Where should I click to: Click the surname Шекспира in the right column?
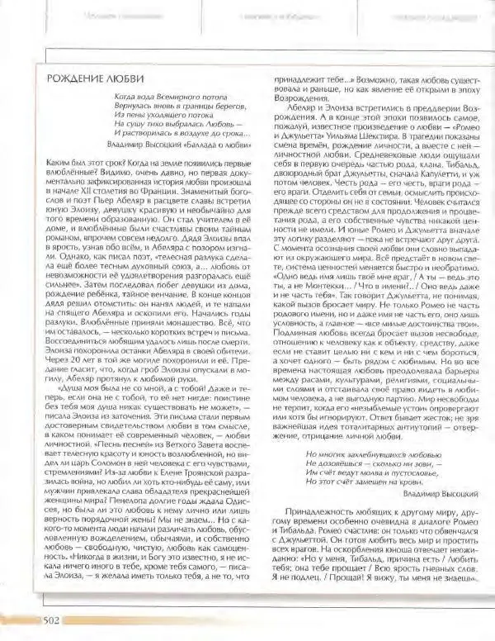click(423, 137)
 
